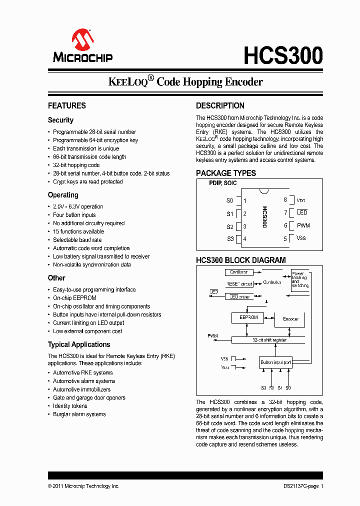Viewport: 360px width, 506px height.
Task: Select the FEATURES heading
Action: click(66, 105)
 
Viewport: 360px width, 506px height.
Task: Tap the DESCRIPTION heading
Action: click(220, 105)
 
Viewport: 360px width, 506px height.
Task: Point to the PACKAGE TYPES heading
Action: click(225, 173)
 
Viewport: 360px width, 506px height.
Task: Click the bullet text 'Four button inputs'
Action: click(74, 215)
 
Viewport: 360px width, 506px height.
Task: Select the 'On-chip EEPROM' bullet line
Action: click(71, 298)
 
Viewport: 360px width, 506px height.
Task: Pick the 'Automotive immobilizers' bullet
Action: click(81, 389)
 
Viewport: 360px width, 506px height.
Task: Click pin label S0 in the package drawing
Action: click(229, 200)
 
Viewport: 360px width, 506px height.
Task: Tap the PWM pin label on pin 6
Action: click(303, 225)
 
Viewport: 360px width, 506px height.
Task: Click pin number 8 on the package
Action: click(285, 200)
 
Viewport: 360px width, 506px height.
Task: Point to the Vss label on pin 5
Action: click(301, 238)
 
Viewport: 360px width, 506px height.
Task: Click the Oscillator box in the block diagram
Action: click(238, 272)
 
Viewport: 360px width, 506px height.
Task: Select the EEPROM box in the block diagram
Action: click(248, 317)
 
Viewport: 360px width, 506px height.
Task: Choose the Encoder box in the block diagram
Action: click(290, 319)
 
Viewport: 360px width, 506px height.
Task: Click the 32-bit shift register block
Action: click(269, 340)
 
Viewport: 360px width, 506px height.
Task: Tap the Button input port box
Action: click(275, 362)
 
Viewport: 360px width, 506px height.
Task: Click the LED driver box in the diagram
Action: click(238, 296)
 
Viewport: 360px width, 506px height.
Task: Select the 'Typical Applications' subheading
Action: click(79, 344)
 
